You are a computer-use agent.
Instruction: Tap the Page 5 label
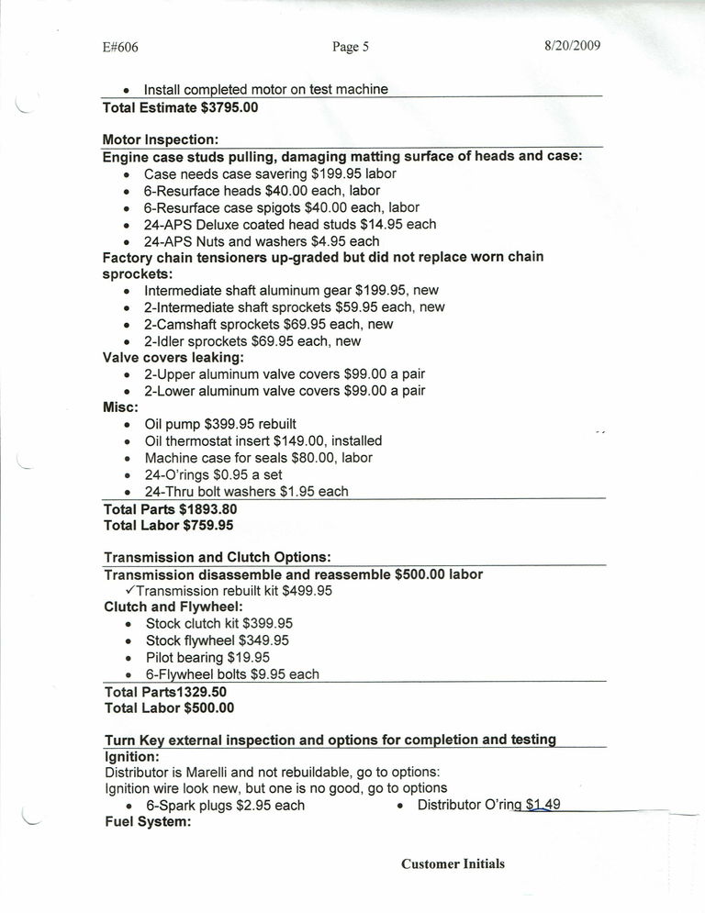[x=350, y=47]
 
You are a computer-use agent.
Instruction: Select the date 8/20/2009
[x=572, y=46]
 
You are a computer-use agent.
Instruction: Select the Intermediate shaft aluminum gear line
[x=292, y=291]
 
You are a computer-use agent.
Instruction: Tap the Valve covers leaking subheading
[x=173, y=358]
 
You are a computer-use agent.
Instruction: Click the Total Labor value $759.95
[x=208, y=526]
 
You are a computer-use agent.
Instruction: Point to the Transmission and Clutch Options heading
[x=218, y=558]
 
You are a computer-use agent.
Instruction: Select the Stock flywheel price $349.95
[x=264, y=640]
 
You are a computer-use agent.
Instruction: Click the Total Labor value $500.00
[x=208, y=708]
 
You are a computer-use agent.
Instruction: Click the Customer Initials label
[x=453, y=864]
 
